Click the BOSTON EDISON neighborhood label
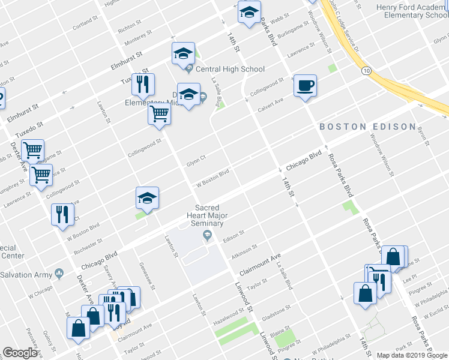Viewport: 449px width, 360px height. coord(367,127)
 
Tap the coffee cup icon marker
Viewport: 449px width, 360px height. coord(305,85)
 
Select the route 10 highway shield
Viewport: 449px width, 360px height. coord(366,71)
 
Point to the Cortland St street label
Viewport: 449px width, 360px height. coord(85,24)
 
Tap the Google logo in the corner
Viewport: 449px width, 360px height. coord(19,353)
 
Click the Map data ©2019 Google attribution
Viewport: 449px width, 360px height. coord(412,355)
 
